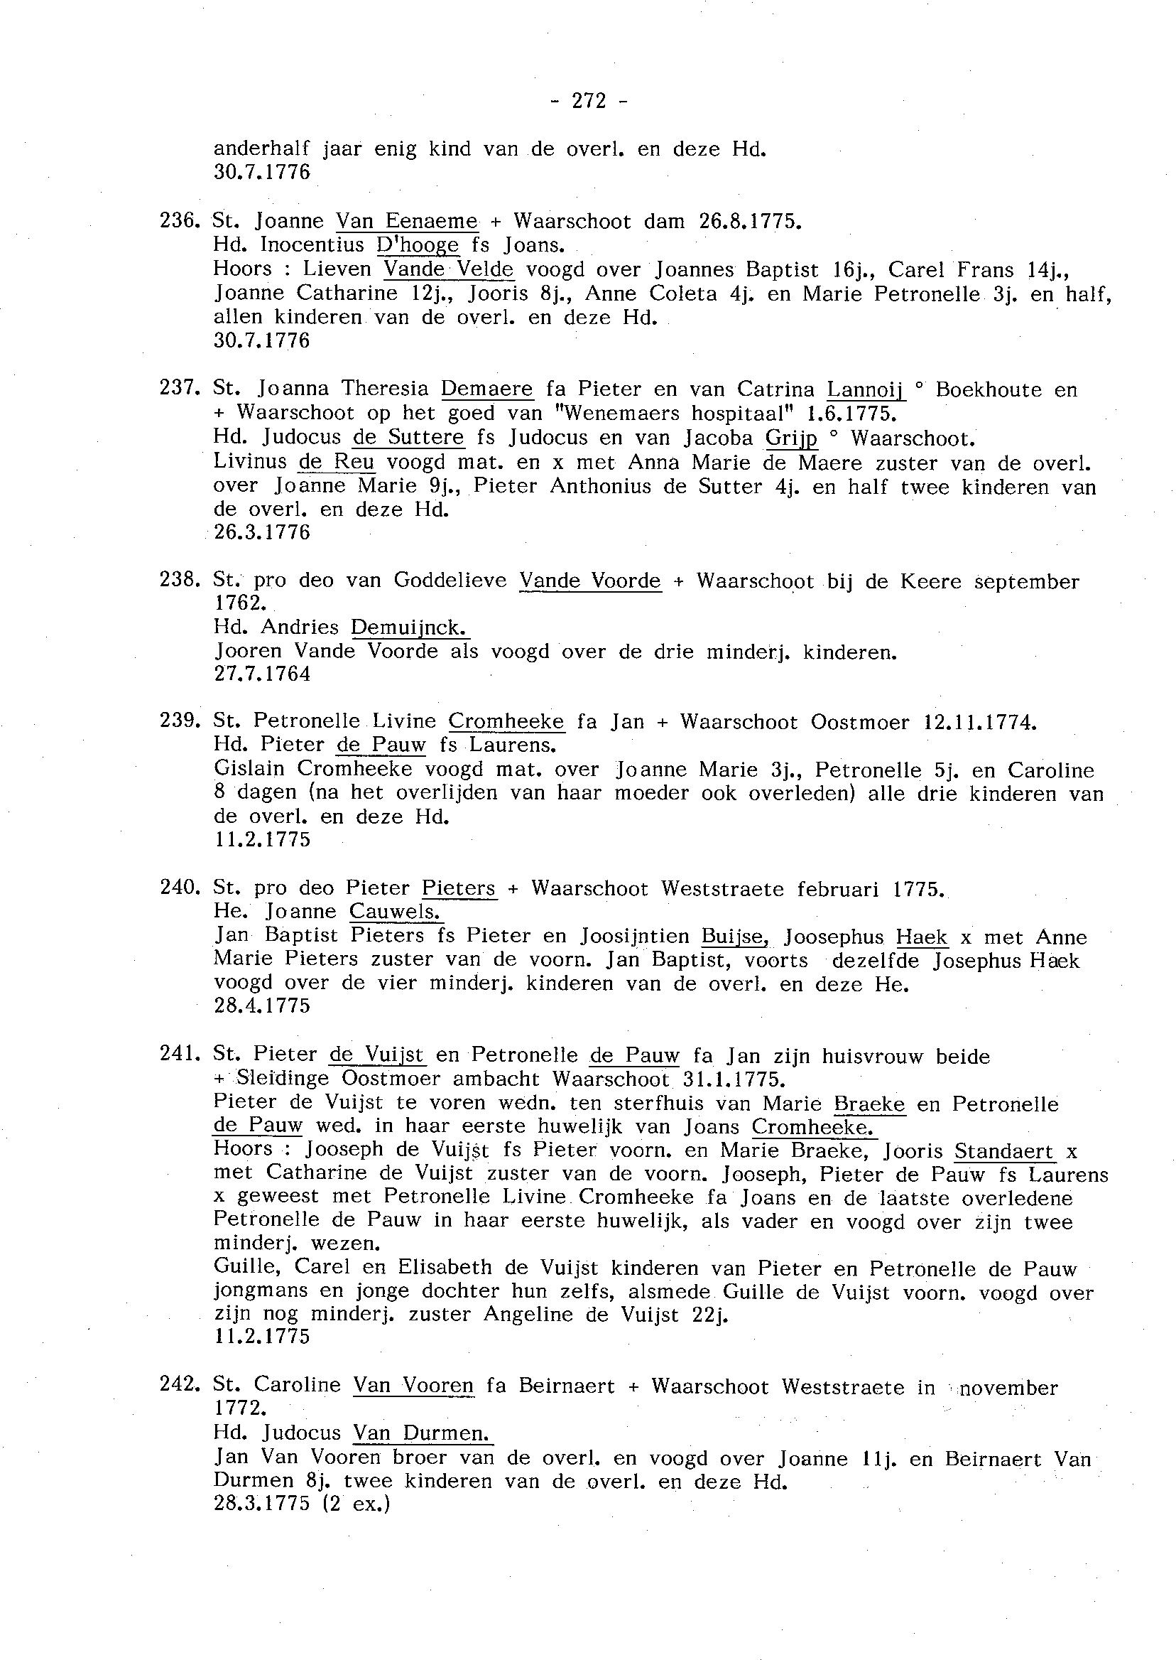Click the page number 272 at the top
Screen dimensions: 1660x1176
tap(589, 102)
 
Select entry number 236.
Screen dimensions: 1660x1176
tap(179, 221)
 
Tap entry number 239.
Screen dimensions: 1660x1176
tap(179, 722)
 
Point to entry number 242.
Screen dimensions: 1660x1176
tap(179, 1386)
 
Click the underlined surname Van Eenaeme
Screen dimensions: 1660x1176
tap(407, 221)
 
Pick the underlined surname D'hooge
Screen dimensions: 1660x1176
tap(418, 245)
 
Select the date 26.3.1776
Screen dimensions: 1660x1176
tap(262, 532)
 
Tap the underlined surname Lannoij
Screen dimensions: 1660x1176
tap(866, 390)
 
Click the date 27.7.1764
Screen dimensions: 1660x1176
tap(262, 674)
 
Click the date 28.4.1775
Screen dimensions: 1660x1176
tap(262, 1006)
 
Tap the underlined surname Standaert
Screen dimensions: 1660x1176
tap(1004, 1150)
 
